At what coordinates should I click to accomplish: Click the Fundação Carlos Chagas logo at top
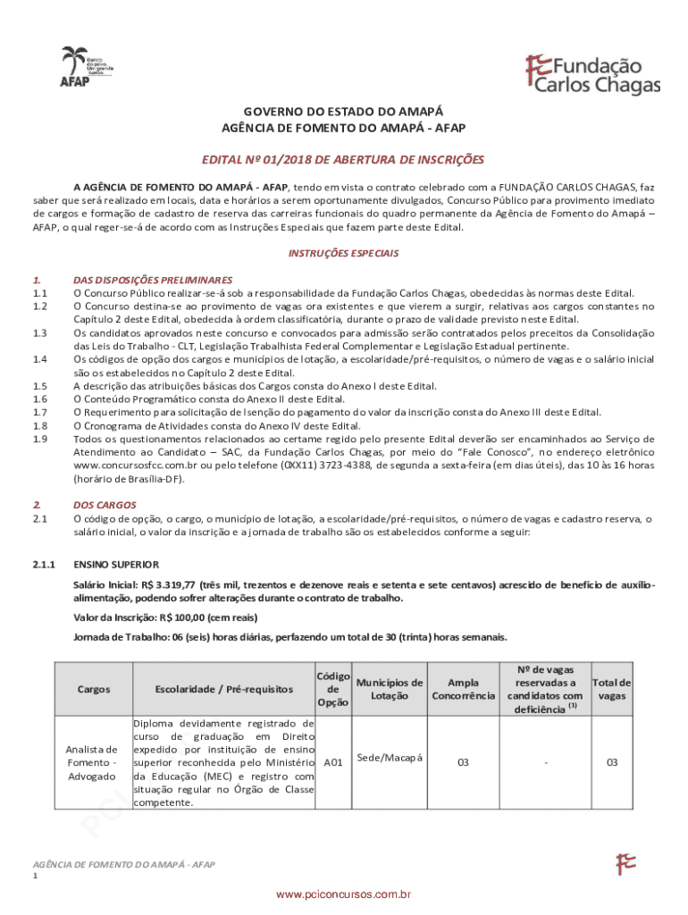point(592,73)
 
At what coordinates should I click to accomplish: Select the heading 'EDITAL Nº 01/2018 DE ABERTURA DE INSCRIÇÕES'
point(343,160)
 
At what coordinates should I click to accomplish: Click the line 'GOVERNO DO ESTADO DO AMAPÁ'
point(343,112)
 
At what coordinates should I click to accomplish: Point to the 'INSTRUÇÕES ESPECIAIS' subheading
point(343,253)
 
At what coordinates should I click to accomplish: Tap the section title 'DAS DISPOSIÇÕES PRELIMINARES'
point(153,280)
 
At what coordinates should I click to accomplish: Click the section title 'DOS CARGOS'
point(105,505)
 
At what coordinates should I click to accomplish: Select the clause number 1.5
point(39,386)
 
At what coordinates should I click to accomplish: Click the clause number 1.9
point(39,439)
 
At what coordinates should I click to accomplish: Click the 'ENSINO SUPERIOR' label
point(116,565)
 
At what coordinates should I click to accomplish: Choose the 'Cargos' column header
point(94,689)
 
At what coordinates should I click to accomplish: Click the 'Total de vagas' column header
point(612,689)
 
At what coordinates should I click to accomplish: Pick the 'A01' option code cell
point(333,763)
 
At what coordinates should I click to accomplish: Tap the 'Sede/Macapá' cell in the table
point(389,758)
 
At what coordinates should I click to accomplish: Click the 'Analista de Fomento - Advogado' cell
point(91,762)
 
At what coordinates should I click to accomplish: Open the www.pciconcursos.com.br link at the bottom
point(343,894)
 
